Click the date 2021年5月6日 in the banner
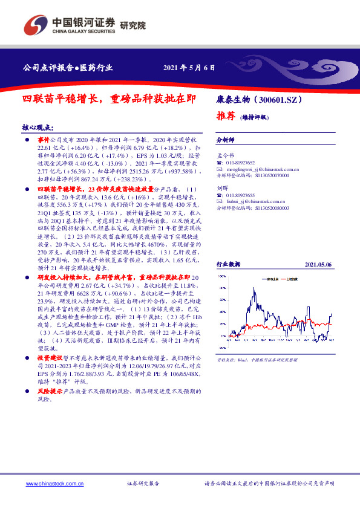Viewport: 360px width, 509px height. point(189,66)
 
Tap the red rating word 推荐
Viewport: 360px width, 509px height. point(226,115)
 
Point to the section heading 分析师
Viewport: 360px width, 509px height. point(225,138)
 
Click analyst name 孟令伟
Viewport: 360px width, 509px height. point(224,155)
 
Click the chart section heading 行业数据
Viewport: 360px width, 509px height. point(229,264)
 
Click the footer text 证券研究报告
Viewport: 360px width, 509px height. point(143,484)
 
